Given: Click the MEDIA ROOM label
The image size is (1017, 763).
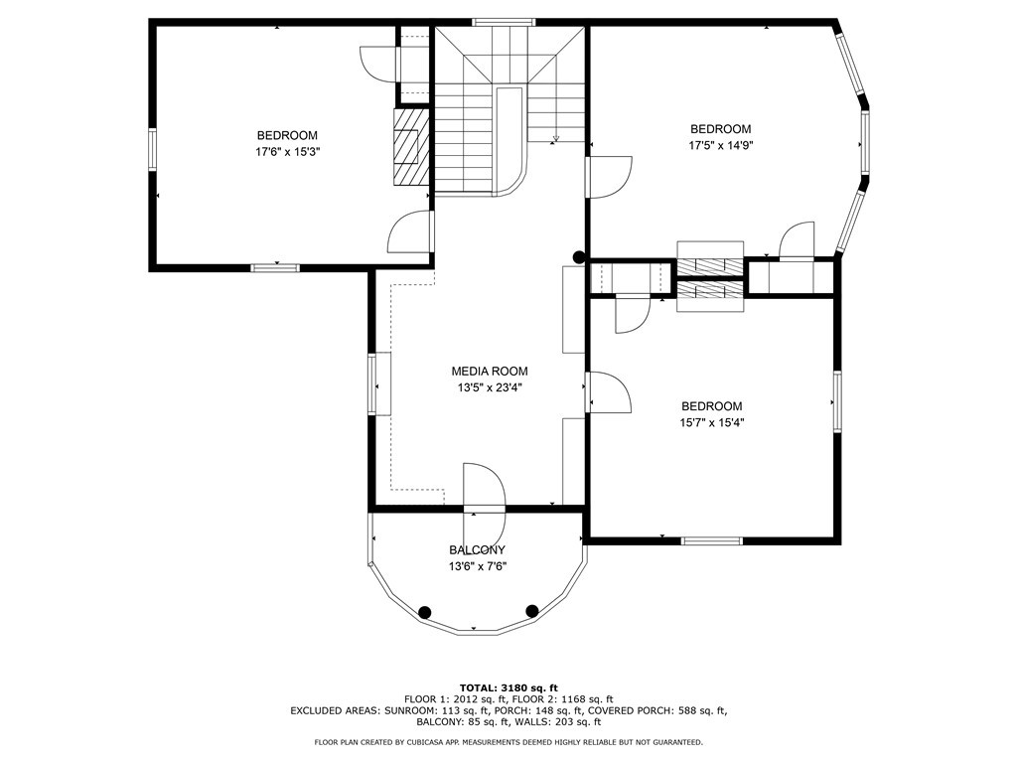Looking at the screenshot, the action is [x=490, y=372].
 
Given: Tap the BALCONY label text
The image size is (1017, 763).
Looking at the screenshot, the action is [x=478, y=550].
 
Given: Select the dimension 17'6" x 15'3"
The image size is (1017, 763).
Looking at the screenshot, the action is [x=287, y=152].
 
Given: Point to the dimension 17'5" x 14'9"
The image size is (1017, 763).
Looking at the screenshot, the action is [x=721, y=146].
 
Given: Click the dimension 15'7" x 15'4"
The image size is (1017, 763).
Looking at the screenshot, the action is [x=711, y=423].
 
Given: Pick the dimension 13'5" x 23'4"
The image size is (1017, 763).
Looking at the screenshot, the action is [x=490, y=388].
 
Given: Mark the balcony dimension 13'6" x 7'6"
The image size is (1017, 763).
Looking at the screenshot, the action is [x=478, y=566].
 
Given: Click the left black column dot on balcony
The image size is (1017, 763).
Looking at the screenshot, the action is [x=425, y=611].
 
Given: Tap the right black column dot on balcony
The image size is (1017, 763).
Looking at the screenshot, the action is [x=532, y=610].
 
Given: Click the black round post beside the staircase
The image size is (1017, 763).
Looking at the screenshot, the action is [x=579, y=257].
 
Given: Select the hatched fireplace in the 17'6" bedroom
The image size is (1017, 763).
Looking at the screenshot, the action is [x=411, y=147].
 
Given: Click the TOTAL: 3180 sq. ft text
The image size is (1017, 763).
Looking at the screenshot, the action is [x=508, y=687].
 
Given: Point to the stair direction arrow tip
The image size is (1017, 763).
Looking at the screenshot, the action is [x=556, y=139].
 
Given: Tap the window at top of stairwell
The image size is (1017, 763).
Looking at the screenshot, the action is [x=504, y=22].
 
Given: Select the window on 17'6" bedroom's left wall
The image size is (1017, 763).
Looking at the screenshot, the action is [x=152, y=149].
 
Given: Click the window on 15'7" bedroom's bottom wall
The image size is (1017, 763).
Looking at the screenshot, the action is [x=711, y=540].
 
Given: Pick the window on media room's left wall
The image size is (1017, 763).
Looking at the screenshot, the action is [x=372, y=384].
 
